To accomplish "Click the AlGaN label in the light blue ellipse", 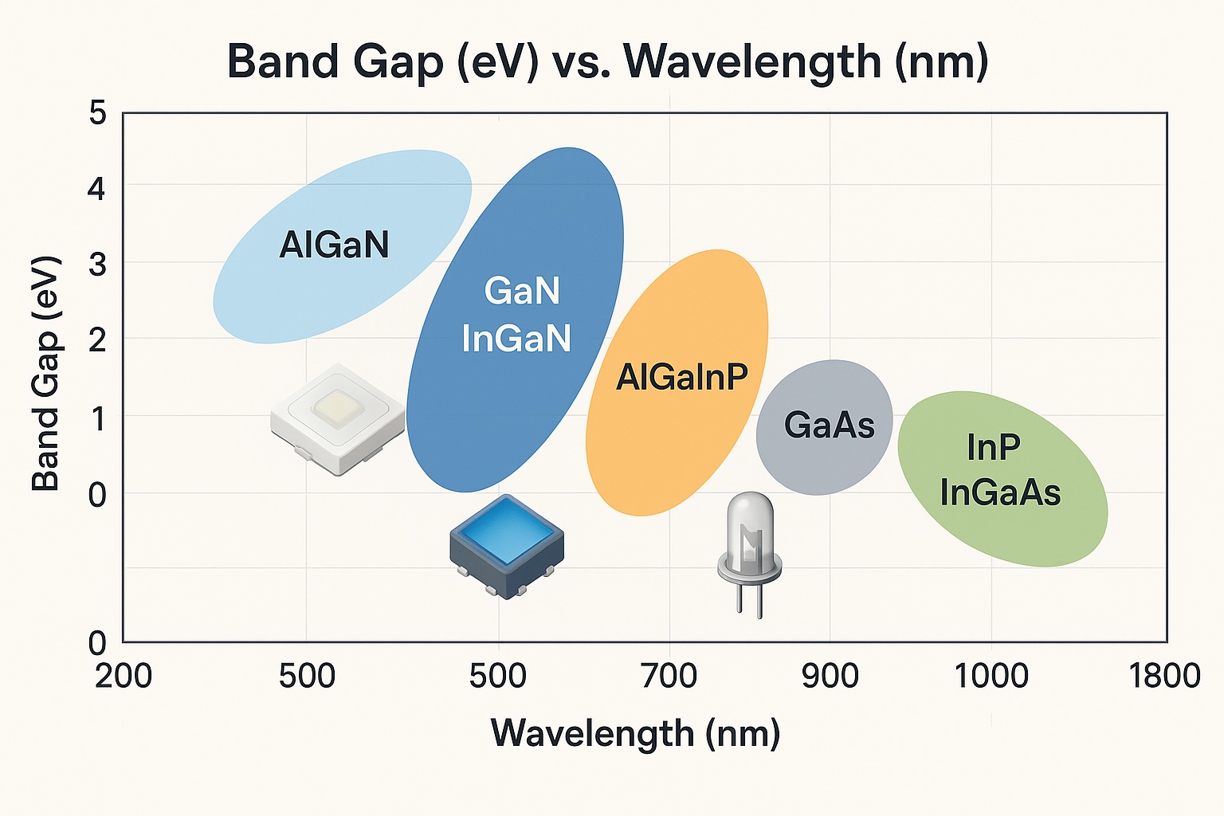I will point(334,245).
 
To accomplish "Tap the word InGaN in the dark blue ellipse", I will point(516,338).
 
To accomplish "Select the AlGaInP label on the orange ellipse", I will point(682,377).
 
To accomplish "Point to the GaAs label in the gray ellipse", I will point(829,426).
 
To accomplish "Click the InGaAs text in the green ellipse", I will point(1000,492).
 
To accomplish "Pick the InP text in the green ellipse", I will point(993,448).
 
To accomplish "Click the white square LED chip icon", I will point(338,418).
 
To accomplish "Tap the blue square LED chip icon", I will point(507,546).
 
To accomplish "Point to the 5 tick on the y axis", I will point(97,113).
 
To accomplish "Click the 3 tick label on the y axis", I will point(97,264).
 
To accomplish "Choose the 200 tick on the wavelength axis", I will point(124,677).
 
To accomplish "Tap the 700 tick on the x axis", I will point(669,677).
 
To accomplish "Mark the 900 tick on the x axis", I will point(830,677).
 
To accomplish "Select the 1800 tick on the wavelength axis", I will point(1165,677).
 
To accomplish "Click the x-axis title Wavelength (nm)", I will point(635,733).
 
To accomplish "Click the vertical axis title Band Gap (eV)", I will point(46,373).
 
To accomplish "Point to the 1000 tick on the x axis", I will point(991,677).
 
